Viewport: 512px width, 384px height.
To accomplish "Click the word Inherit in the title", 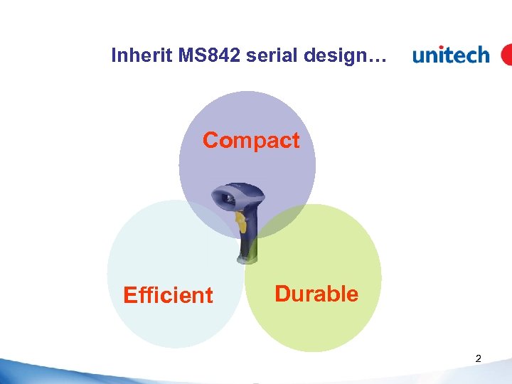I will click(x=136, y=55).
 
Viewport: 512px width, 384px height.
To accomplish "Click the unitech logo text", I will click(x=451, y=55).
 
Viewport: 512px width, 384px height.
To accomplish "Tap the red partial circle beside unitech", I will click(x=506, y=55).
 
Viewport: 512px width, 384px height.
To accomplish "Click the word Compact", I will click(x=251, y=141).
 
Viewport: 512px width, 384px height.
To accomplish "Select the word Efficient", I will click(x=168, y=295).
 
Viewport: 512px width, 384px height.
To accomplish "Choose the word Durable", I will click(x=316, y=294).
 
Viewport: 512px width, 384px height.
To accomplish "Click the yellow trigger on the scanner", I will click(x=242, y=225).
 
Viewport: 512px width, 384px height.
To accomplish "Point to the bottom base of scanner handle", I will click(x=252, y=260).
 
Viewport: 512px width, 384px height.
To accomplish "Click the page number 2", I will click(x=478, y=359).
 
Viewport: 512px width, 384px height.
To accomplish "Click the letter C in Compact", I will click(x=210, y=140).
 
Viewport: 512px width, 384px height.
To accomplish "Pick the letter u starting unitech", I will click(x=420, y=56).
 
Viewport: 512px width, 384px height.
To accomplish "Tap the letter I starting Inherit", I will click(x=114, y=55).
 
